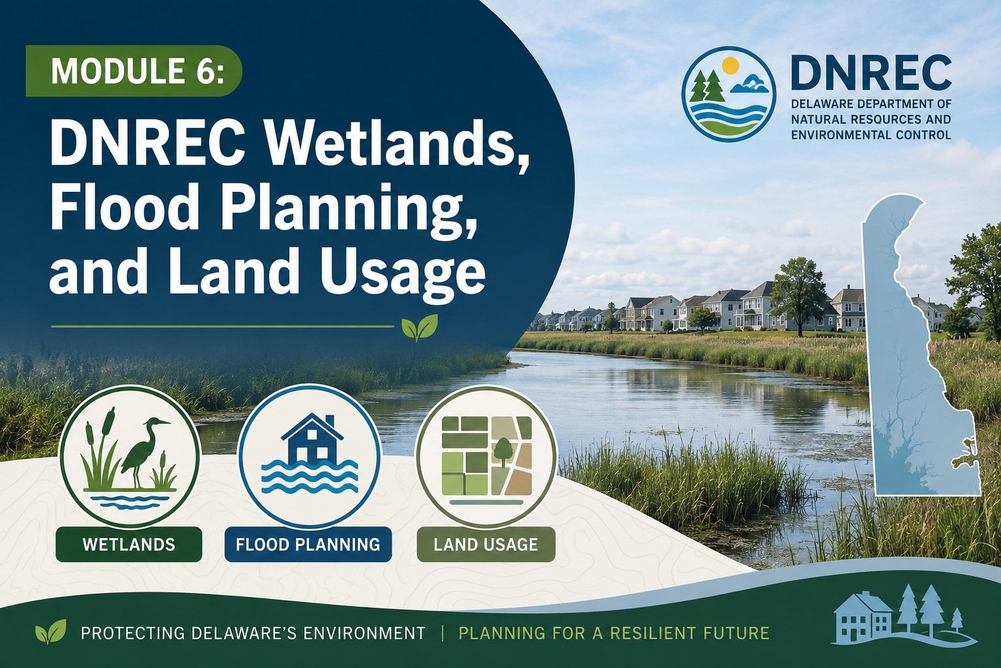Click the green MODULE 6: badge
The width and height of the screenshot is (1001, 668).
tap(134, 70)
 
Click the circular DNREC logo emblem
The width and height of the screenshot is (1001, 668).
tap(728, 94)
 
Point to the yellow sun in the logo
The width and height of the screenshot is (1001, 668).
tap(730, 65)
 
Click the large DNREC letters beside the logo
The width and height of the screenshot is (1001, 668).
tap(871, 73)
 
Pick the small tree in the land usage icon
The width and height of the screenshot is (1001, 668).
tap(503, 452)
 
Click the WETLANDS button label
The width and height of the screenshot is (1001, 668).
tap(128, 544)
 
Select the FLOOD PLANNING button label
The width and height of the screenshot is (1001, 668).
tap(308, 544)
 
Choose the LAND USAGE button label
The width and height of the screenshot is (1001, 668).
tap(486, 544)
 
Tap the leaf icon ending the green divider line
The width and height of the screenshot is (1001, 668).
tap(419, 327)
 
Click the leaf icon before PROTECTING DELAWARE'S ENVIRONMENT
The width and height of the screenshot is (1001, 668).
tap(50, 631)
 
